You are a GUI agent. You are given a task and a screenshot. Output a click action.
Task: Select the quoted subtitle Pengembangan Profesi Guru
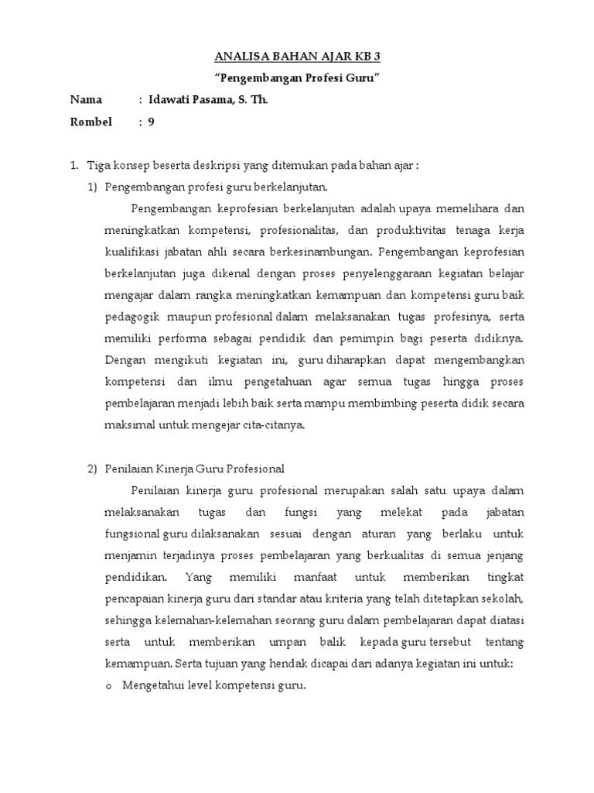point(298,78)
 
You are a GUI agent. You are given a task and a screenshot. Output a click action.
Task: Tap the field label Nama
point(86,100)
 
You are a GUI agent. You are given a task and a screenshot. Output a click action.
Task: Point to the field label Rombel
point(91,122)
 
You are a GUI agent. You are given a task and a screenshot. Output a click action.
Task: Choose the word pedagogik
point(133,317)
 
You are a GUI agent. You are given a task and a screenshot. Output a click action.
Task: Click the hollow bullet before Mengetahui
point(108,686)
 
